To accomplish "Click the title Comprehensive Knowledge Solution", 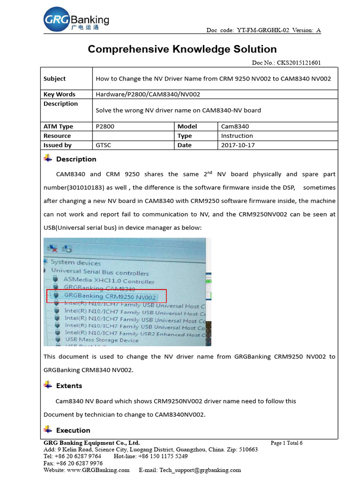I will coord(182,49).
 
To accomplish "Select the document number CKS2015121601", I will coord(299,63).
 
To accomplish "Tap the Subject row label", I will coord(54,79).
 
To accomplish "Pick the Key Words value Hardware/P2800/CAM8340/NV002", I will coord(148,94).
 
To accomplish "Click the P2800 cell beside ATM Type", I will coord(105,127).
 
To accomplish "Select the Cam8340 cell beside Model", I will coord(235,127).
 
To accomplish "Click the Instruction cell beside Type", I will coord(237,136).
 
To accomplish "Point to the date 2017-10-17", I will coord(238,145).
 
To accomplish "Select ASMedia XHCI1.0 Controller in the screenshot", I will coord(109,281).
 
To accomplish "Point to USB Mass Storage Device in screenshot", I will coord(102,340).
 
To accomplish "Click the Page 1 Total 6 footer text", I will coord(286,443).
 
